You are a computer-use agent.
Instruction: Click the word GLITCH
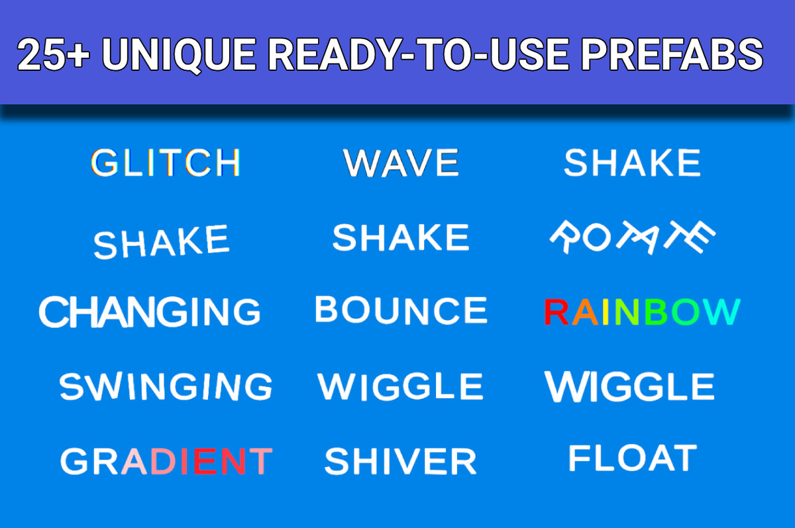[x=166, y=162]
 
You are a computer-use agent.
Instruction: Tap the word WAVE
[x=401, y=162]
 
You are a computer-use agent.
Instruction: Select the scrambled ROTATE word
[x=633, y=237]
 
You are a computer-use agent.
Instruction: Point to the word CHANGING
[x=150, y=311]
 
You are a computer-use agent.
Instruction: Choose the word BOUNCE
[x=401, y=310]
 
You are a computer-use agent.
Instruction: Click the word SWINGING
[x=166, y=386]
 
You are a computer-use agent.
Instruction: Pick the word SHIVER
[x=400, y=460]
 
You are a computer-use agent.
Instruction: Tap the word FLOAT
[x=633, y=458]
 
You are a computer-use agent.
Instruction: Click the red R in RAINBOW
[x=556, y=312]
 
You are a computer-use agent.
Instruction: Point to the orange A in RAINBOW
[x=585, y=312]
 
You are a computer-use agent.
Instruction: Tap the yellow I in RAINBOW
[x=606, y=312]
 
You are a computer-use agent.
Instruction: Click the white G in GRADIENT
[x=74, y=461]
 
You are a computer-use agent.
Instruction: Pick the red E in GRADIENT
[x=205, y=461]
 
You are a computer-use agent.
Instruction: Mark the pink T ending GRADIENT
[x=260, y=461]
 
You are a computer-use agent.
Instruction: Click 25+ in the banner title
[x=53, y=55]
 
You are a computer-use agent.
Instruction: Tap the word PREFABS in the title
[x=672, y=55]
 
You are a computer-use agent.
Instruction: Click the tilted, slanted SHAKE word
[x=162, y=241]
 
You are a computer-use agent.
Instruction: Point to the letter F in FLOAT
[x=578, y=458]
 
